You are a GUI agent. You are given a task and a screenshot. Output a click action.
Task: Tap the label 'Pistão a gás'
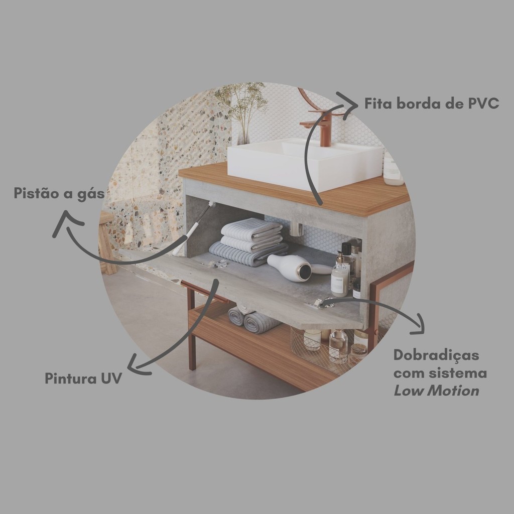tap(59, 193)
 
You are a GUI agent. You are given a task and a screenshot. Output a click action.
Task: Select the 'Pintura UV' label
tap(83, 378)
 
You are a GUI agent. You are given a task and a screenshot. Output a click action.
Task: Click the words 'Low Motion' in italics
tap(436, 391)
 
